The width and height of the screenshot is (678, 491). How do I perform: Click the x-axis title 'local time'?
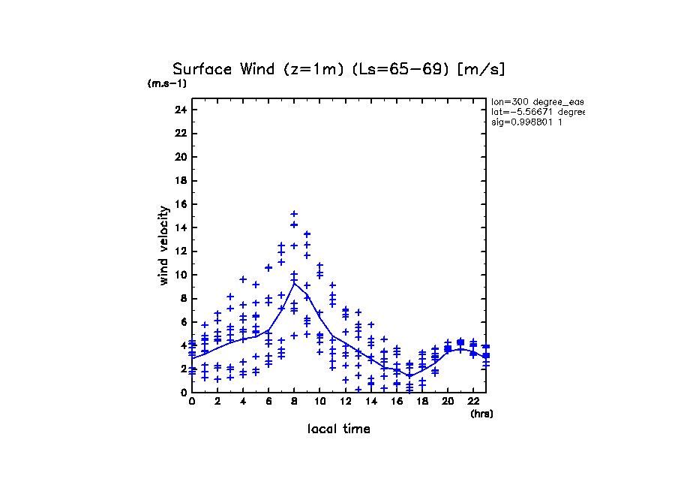pos(338,429)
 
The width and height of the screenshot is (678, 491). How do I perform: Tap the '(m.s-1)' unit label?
pos(167,83)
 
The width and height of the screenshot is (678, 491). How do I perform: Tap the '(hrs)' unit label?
pos(481,413)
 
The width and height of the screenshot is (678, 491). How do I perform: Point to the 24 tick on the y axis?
pos(180,110)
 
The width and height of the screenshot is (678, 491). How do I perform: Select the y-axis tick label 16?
pos(180,204)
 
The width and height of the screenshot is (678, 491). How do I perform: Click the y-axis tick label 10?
pos(180,275)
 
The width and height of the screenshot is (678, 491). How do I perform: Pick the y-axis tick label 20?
pos(180,157)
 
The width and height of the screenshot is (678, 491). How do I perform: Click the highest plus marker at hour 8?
pos(294,214)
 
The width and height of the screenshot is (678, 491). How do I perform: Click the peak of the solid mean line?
pos(294,283)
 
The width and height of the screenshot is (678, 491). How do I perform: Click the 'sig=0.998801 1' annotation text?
pos(527,122)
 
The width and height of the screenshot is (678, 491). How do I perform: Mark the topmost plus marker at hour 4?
pos(243,279)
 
